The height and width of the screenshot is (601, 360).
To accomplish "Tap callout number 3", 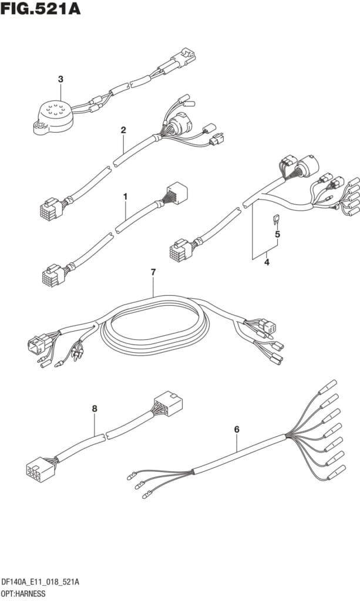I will [x=60, y=79].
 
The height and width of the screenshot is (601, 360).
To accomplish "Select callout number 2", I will [x=123, y=130].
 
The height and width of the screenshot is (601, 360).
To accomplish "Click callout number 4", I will [x=267, y=262].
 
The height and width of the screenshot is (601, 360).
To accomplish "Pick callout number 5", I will [x=278, y=234].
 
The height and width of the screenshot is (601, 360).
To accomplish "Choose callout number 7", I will [x=153, y=272].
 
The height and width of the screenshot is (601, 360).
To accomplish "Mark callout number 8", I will [x=95, y=408].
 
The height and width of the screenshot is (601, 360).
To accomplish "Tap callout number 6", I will [x=237, y=430].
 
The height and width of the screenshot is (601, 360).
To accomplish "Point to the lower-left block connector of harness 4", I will [x=179, y=252].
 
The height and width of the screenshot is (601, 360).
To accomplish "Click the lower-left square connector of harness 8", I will [x=36, y=470].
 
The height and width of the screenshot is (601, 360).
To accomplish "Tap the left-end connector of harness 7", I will [x=36, y=345].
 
